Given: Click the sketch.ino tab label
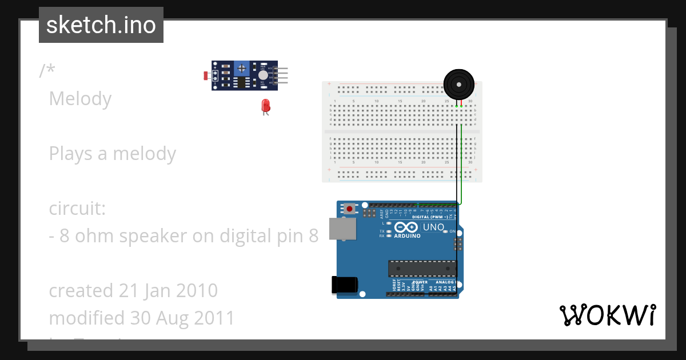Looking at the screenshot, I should click(x=101, y=25).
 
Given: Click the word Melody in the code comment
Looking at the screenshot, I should click(x=80, y=99).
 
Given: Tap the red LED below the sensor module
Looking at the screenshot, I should click(x=265, y=106).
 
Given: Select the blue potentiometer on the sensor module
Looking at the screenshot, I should click(x=242, y=69).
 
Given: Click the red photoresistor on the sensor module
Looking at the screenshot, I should click(x=206, y=75).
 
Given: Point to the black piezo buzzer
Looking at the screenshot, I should click(x=459, y=85).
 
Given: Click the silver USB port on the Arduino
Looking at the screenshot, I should click(x=342, y=229).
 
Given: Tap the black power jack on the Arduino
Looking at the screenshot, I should click(x=345, y=285).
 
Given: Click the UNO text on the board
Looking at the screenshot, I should click(x=433, y=227).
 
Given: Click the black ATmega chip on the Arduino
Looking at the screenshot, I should click(x=422, y=269).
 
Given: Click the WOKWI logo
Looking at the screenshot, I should click(x=607, y=315).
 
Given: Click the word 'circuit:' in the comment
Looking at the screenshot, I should click(x=77, y=209).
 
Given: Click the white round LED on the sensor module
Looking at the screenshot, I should click(x=263, y=75).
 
